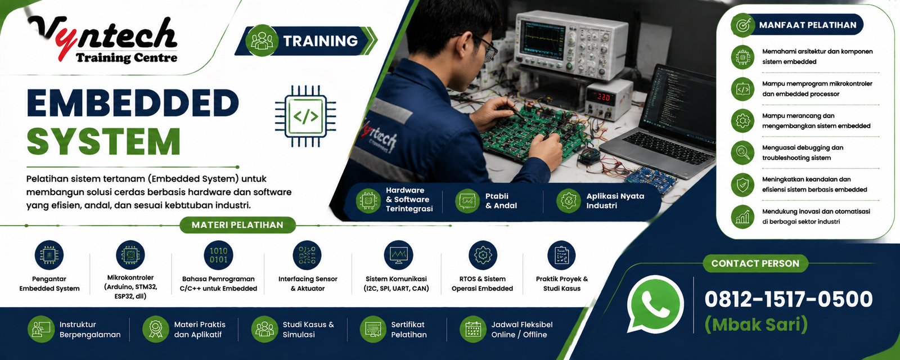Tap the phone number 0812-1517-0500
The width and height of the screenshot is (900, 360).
[788, 299]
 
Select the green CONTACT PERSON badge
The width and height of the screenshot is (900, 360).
[755, 264]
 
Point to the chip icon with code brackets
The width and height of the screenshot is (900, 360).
[306, 116]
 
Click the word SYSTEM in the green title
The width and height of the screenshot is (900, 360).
[103, 141]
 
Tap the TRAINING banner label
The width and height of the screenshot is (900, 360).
[320, 40]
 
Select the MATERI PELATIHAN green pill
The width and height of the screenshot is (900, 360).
[237, 225]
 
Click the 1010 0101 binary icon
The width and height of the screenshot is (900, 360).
[219, 255]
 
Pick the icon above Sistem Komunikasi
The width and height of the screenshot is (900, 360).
[398, 255]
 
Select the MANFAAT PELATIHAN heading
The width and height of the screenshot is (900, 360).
[808, 25]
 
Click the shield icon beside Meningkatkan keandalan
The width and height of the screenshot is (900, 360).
[742, 185]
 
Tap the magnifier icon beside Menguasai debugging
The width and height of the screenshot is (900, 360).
[742, 152]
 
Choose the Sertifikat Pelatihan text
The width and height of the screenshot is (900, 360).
[409, 330]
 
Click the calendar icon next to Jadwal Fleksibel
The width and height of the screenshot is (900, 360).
[473, 330]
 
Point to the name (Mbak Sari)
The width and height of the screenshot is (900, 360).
[756, 325]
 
